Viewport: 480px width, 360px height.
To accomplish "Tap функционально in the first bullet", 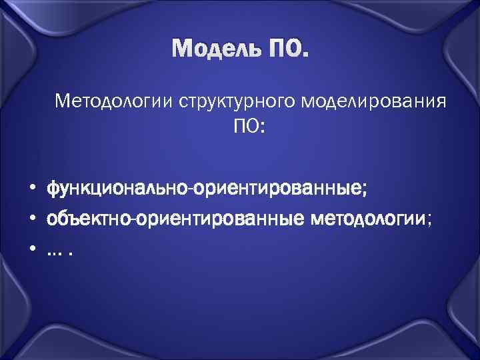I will [117, 189].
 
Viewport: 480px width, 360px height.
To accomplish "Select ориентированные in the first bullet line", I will [277, 189].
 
